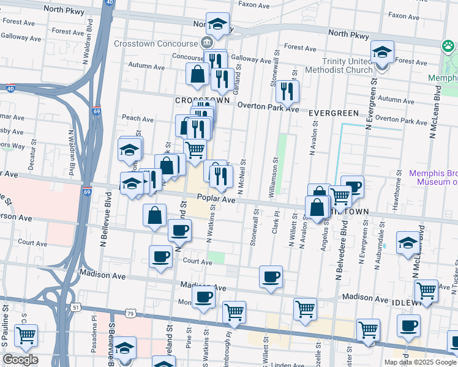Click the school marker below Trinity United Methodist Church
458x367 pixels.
coord(381,54)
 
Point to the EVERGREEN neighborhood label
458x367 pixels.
coord(333,113)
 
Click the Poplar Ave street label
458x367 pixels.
coord(216,199)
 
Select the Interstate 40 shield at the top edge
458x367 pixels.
coord(108,3)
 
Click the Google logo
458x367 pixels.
coord(20,360)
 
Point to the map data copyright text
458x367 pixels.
coord(419,362)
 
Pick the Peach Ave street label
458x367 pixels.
coord(138,118)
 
